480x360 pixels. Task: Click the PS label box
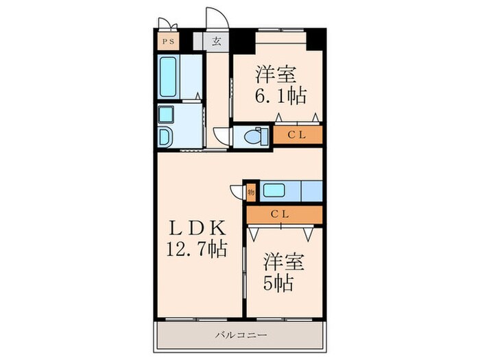pos(168,41)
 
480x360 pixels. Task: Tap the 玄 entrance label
pos(216,41)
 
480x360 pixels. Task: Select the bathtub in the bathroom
pos(169,77)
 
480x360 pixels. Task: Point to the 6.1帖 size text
pos(282,94)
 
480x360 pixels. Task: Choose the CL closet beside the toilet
pos(297,135)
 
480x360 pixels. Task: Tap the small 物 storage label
pos(251,193)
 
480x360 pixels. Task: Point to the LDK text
pos(194,227)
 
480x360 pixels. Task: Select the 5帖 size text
pos(280,283)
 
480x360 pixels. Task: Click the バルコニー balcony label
pos(239,335)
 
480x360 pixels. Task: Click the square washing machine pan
pos(167,113)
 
